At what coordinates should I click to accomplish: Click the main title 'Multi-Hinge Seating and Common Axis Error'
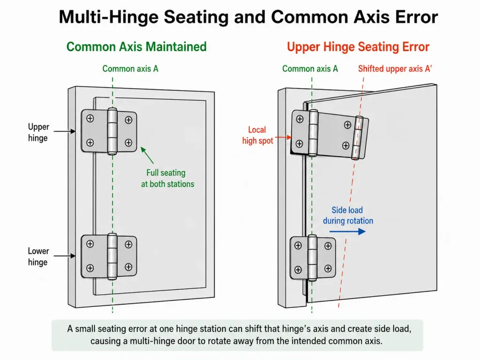tap(248, 17)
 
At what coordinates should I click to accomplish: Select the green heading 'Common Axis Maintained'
tap(136, 47)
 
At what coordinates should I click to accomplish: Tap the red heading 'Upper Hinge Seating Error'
tap(358, 47)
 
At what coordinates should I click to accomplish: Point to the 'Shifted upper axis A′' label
tap(395, 68)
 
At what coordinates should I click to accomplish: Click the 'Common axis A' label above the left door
tap(130, 68)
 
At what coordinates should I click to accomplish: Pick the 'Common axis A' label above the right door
tap(310, 68)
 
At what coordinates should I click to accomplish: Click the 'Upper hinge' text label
tap(38, 132)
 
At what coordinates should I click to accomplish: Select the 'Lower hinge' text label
tap(38, 256)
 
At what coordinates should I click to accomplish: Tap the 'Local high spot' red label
tap(257, 135)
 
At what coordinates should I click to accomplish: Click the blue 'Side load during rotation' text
tap(348, 215)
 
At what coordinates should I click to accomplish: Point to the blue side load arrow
tap(347, 231)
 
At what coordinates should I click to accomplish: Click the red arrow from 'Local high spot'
tap(283, 137)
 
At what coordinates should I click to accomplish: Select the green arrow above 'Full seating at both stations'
tap(147, 155)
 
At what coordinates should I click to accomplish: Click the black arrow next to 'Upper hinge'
tap(65, 131)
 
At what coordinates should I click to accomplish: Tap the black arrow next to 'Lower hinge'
tap(65, 255)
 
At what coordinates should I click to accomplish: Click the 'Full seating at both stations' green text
tap(167, 178)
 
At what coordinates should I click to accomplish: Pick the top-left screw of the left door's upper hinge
tap(90, 119)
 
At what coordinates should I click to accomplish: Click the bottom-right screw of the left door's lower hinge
tap(128, 267)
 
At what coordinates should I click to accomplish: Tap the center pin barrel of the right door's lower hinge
tap(312, 258)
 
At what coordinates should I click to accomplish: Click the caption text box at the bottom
tap(237, 335)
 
